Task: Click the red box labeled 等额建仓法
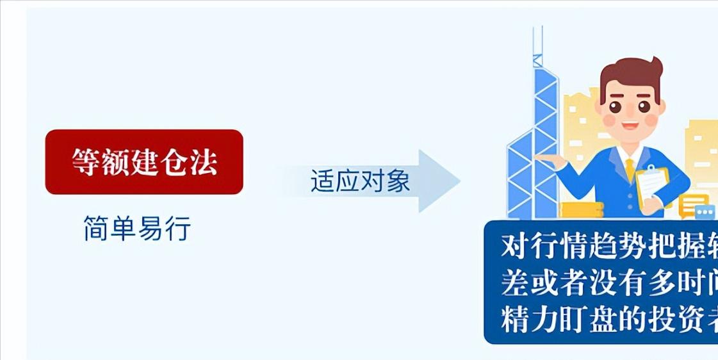click(144, 161)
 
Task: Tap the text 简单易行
click(137, 229)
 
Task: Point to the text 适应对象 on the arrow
click(360, 181)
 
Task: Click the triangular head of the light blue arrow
click(439, 181)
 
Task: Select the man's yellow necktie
click(630, 170)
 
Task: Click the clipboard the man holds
click(653, 183)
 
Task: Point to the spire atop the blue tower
click(538, 42)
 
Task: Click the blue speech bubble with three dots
click(705, 211)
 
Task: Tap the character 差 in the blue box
click(516, 282)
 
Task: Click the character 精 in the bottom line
click(516, 320)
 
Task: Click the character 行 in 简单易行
click(178, 229)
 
